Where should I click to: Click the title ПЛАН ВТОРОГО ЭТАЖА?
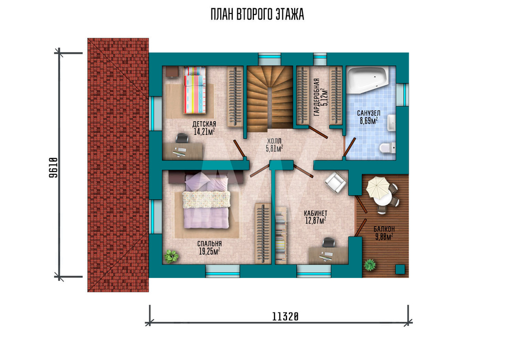pyautogui.click(x=257, y=15)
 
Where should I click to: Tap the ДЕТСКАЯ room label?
pyautogui.click(x=204, y=124)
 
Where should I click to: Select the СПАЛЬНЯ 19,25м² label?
pyautogui.click(x=209, y=248)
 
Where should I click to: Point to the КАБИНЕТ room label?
pyautogui.click(x=316, y=213)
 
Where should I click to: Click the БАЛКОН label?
pyautogui.click(x=384, y=229)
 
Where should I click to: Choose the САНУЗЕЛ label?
pyautogui.click(x=368, y=113)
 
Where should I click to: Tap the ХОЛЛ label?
pyautogui.click(x=274, y=142)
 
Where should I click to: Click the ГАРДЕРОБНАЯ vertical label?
pyautogui.click(x=317, y=97)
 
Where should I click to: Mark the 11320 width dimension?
pyautogui.click(x=285, y=317)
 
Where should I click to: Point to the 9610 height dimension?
pyautogui.click(x=53, y=167)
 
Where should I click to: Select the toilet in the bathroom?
pyautogui.click(x=387, y=148)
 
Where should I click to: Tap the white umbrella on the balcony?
pyautogui.click(x=378, y=187)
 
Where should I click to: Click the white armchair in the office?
pyautogui.click(x=335, y=183)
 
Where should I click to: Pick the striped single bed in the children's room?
pyautogui.click(x=195, y=90)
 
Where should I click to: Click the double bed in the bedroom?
pyautogui.click(x=206, y=201)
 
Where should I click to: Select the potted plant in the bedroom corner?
pyautogui.click(x=171, y=256)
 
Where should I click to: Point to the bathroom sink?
pyautogui.click(x=391, y=123)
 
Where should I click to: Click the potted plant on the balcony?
pyautogui.click(x=370, y=264)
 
